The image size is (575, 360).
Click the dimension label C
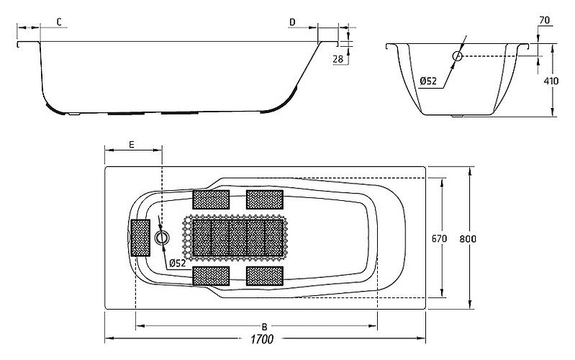click(59, 22)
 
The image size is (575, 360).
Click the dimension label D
click(292, 22)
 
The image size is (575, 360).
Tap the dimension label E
click(132, 145)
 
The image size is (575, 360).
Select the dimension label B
click(264, 326)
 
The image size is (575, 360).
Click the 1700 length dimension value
click(262, 339)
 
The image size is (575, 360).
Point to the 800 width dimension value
click(468, 239)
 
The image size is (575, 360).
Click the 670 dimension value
click(439, 238)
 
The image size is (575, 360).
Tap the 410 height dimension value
click(551, 81)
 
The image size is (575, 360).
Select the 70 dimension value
click(545, 20)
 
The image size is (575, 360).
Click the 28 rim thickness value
click(338, 59)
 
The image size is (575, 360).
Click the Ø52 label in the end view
click(428, 81)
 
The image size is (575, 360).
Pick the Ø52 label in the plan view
click(178, 263)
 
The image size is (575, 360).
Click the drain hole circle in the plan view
click(161, 238)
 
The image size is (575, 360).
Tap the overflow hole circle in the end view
click(457, 56)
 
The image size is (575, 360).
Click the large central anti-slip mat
click(238, 238)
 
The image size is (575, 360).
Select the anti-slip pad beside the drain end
click(141, 238)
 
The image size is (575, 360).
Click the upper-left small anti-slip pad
click(212, 199)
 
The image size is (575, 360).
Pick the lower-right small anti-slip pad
click(265, 276)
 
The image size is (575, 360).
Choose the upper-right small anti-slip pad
click(265, 199)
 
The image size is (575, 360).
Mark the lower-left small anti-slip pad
click(212, 276)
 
